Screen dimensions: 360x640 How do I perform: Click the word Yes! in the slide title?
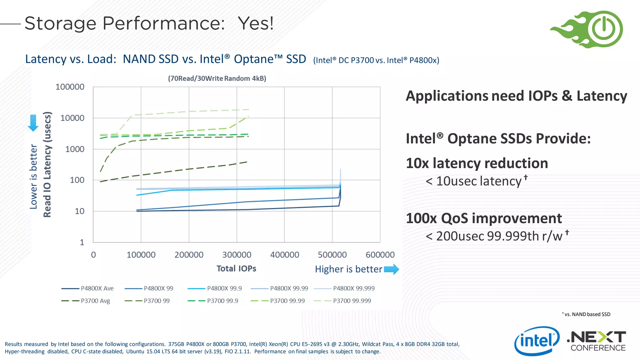coord(256,23)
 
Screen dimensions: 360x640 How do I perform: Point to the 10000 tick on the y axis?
coord(72,118)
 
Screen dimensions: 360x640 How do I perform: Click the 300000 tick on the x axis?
coord(237,255)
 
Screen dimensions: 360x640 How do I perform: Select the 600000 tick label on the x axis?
coord(380,255)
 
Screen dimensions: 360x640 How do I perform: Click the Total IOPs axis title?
coord(236,268)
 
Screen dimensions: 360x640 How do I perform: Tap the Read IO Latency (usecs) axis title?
coord(47,164)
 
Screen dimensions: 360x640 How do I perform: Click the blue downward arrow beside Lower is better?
coord(33,123)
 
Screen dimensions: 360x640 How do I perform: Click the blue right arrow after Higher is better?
coord(391,269)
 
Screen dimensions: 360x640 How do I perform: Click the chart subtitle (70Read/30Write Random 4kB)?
coord(217,78)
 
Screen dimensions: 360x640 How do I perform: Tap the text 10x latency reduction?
coord(477,163)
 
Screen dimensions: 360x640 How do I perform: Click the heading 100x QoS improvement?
coord(484,218)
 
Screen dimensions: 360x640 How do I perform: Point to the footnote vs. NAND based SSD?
coord(587,314)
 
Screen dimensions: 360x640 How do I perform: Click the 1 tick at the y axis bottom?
coord(82,242)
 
